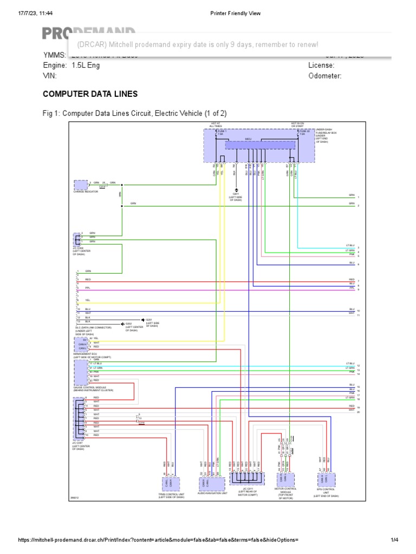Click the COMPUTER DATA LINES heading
(90, 94)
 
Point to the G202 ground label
(129, 324)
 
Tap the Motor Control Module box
(285, 479)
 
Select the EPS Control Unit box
(326, 479)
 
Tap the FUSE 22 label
(304, 130)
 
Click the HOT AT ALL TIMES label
(216, 124)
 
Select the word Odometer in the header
(324, 76)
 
